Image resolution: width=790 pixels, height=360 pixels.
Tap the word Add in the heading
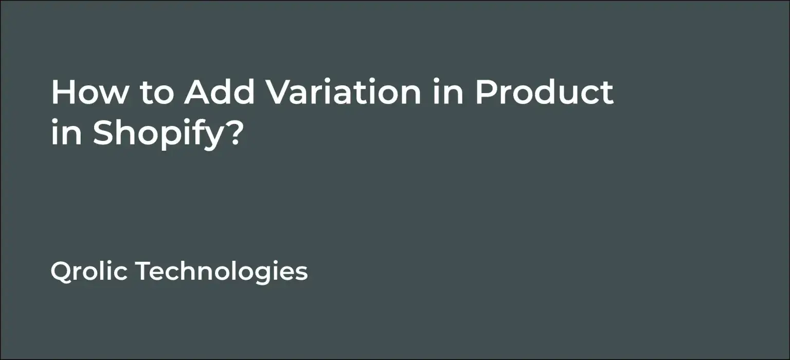click(x=220, y=93)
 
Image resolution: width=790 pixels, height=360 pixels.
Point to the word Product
click(x=544, y=93)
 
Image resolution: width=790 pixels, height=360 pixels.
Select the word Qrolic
click(x=89, y=271)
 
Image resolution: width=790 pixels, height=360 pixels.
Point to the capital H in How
click(x=62, y=93)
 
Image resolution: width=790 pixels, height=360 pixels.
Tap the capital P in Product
click(x=486, y=93)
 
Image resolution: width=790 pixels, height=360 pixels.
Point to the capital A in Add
click(x=199, y=93)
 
